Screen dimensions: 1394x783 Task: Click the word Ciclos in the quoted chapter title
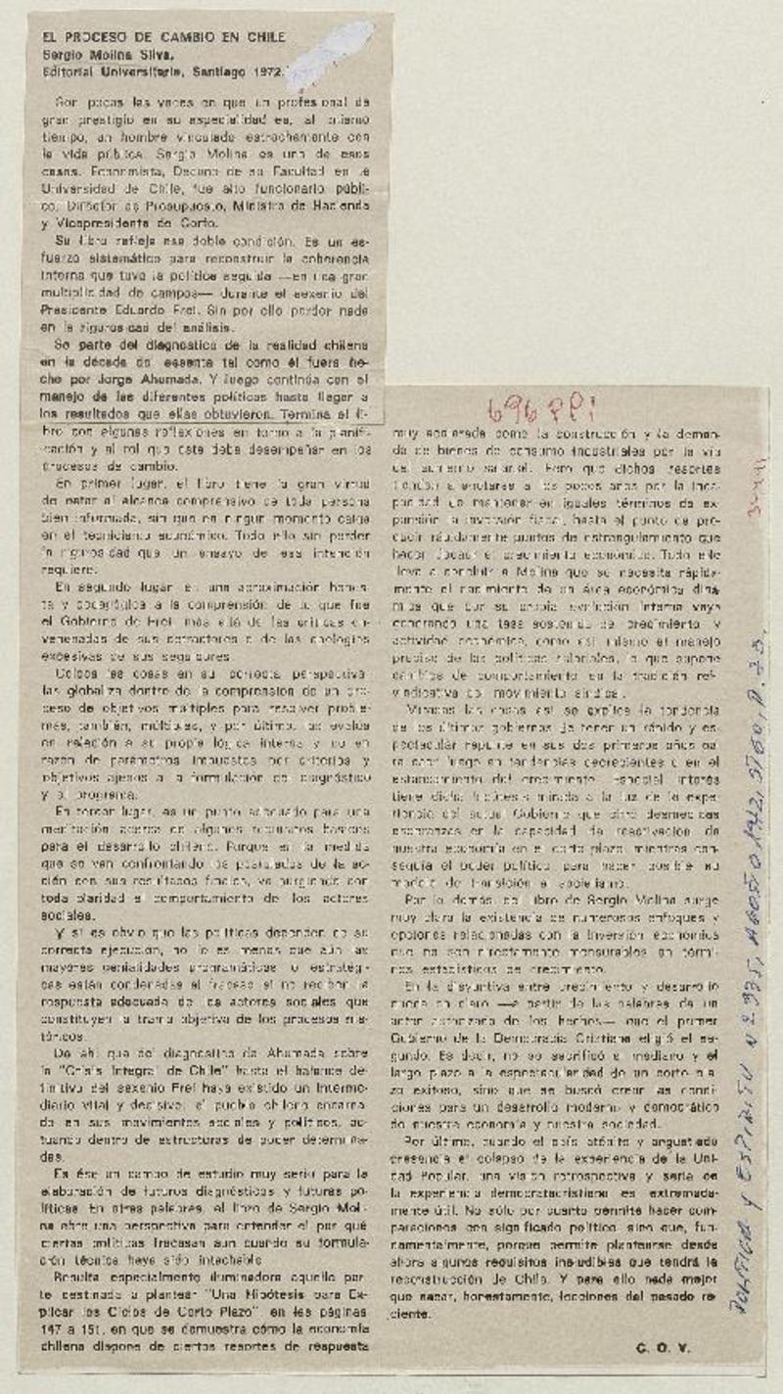pos(133,1312)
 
